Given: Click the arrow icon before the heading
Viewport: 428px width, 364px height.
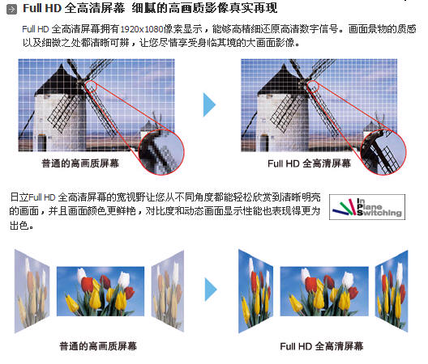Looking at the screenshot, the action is tap(11, 10).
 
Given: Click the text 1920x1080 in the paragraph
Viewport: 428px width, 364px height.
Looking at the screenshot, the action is tap(142, 29).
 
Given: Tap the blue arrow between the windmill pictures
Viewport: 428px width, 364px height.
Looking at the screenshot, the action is tap(209, 104).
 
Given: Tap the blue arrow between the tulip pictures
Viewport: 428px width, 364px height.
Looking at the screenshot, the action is tap(211, 290).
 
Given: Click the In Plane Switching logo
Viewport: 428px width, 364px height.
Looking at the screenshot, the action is tap(367, 207).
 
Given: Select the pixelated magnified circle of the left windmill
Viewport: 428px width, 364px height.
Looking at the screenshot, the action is tap(161, 152).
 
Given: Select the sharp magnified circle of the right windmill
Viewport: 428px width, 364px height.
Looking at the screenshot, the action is tap(383, 152).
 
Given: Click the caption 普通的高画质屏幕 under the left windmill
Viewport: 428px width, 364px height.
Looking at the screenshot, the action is tap(80, 163).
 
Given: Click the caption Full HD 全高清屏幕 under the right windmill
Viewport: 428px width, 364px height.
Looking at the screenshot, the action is tap(309, 163).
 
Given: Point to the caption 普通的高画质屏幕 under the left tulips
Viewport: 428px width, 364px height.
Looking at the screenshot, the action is tap(98, 346).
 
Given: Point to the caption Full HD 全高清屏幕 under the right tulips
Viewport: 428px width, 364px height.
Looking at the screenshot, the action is tap(322, 346).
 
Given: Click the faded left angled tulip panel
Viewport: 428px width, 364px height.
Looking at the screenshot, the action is tap(32, 291).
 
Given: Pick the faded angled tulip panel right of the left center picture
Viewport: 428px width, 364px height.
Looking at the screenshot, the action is tap(168, 291).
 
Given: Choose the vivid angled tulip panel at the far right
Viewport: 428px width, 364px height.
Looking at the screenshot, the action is tap(392, 291).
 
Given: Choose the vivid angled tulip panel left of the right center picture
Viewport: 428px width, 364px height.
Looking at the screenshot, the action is tap(256, 291).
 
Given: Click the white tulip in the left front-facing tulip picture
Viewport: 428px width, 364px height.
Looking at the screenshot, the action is tap(81, 275).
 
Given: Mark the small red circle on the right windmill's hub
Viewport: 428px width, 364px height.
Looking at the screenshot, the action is tap(313, 86).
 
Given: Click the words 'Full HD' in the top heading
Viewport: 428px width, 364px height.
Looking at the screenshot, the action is tap(42, 8).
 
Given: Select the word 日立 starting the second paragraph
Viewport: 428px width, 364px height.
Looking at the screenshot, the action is tap(19, 197).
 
